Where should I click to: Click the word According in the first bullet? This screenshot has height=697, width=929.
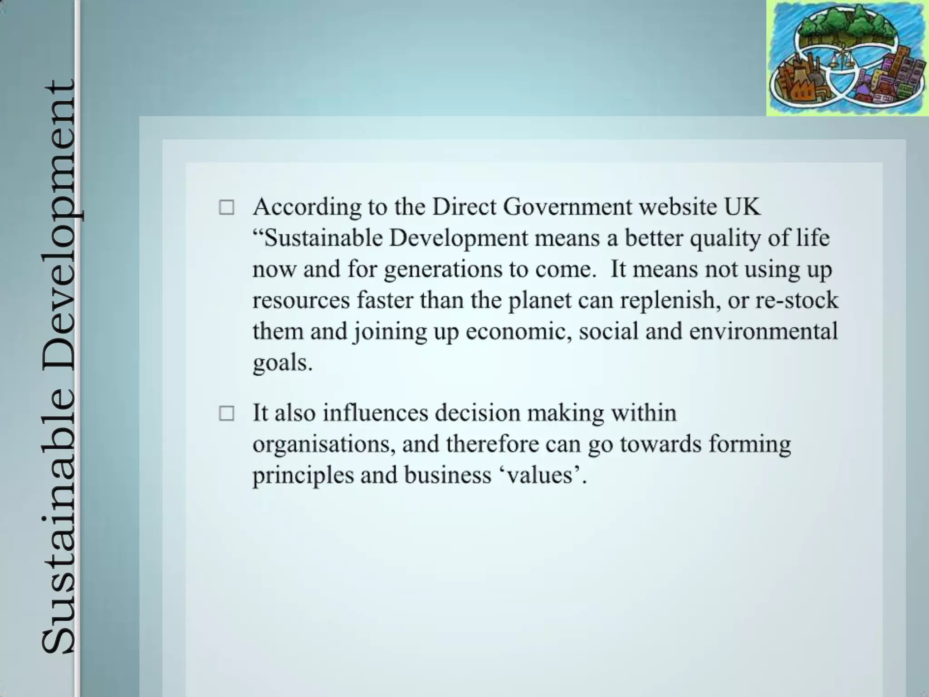(307, 207)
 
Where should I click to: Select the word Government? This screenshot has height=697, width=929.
(567, 207)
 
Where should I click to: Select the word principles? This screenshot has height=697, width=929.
(302, 476)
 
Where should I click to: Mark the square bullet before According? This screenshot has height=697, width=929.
(227, 208)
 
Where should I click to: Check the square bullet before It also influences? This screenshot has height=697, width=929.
(227, 413)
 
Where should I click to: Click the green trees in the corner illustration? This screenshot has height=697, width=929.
(846, 25)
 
